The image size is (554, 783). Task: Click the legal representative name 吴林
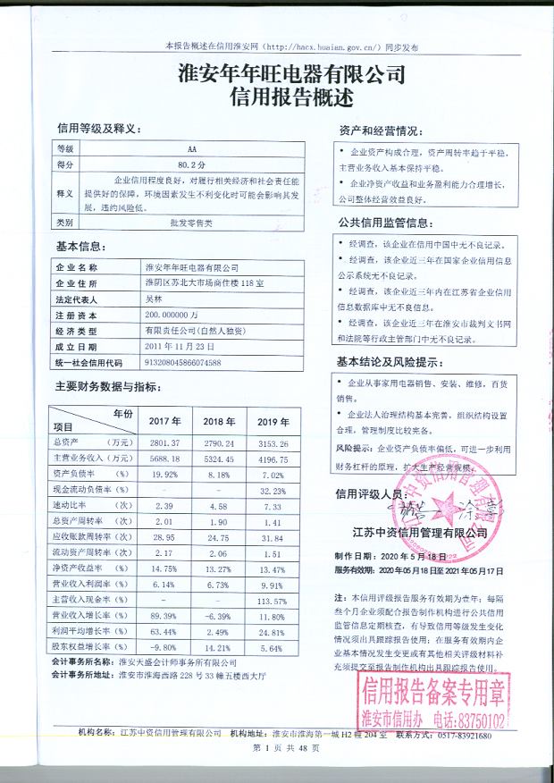click(156, 299)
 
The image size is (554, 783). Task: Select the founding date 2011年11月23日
click(180, 347)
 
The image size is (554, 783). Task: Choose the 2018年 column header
click(219, 420)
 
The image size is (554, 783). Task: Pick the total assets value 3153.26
click(272, 442)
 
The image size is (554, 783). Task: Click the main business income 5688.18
click(165, 459)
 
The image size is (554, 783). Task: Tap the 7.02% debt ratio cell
click(272, 475)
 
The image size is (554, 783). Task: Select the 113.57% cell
click(271, 602)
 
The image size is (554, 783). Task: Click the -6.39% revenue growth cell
click(219, 617)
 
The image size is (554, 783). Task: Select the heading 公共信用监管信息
click(385, 223)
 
